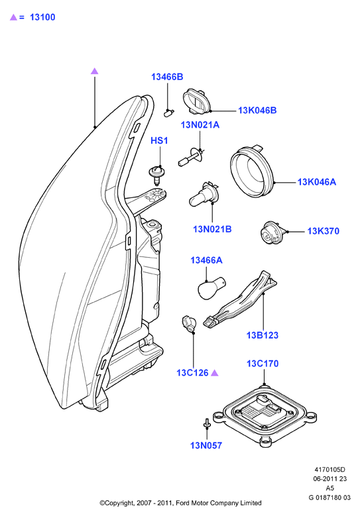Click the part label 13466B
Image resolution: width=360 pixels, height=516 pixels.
point(167,77)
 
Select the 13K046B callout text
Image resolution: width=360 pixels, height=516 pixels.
point(257,110)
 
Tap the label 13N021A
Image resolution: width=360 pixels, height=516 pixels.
point(200,125)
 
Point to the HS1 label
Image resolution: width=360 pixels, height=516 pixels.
point(159,140)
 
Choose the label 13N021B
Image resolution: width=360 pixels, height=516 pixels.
point(212,229)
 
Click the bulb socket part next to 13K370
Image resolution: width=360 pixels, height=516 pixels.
point(272,233)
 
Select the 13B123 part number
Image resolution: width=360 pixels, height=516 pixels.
point(262,335)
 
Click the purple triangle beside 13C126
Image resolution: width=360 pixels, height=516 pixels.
point(214,373)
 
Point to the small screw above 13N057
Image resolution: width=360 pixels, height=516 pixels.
point(206,423)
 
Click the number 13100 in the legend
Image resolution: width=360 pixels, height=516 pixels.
point(42,17)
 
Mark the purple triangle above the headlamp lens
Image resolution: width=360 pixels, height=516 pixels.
point(95,71)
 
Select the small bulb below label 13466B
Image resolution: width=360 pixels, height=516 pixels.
point(168,113)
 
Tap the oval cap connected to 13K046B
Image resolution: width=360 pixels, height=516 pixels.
point(197,101)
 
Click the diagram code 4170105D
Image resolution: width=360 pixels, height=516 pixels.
point(330,470)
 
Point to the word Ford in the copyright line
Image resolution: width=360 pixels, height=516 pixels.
point(183,503)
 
